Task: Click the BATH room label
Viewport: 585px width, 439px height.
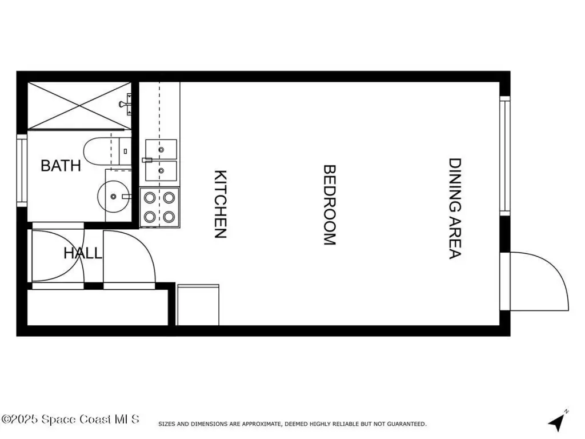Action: pos(61,166)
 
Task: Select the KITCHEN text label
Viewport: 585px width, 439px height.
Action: pos(221,204)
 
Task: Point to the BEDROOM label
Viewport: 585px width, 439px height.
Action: pos(329,205)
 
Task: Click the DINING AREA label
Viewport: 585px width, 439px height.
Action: pos(454,209)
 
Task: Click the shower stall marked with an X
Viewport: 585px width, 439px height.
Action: pos(79,106)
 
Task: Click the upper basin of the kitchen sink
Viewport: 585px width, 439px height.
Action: pos(162,150)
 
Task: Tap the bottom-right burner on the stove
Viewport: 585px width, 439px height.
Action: pos(169,217)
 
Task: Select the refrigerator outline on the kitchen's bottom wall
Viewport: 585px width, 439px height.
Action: pos(198,305)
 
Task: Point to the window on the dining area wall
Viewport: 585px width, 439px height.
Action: pos(504,155)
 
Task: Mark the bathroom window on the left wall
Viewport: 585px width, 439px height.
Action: pos(22,170)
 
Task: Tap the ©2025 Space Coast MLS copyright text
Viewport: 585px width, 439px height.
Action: pos(70,419)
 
